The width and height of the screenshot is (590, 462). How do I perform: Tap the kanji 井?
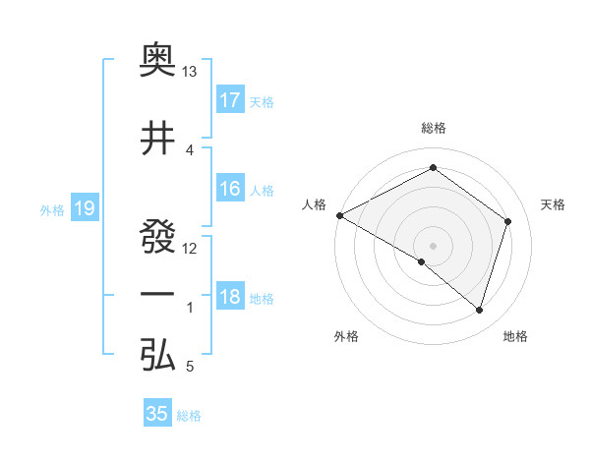(158, 138)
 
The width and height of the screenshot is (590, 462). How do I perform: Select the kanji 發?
(158, 235)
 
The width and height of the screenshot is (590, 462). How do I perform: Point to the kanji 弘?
(158, 355)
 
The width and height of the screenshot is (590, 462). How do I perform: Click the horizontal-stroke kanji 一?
(158, 295)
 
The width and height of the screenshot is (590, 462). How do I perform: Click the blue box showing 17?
(230, 100)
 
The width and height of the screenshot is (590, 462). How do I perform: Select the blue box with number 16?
(230, 190)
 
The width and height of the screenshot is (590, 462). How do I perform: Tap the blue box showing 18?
(230, 298)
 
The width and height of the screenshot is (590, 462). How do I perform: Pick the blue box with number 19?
(84, 208)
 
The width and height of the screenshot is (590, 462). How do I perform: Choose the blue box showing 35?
(157, 414)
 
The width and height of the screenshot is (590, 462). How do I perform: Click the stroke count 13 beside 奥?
(190, 73)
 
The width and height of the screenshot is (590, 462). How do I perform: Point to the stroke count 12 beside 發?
(190, 248)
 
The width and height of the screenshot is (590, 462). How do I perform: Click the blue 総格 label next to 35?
(189, 416)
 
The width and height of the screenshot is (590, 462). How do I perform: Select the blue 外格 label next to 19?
(52, 209)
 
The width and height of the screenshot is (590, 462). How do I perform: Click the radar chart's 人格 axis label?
(315, 204)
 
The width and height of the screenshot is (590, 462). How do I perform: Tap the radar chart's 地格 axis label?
(515, 336)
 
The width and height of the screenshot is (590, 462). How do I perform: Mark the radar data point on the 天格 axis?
(508, 221)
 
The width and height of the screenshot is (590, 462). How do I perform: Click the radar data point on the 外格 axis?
(422, 261)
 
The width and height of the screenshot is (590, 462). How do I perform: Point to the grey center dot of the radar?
(433, 245)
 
